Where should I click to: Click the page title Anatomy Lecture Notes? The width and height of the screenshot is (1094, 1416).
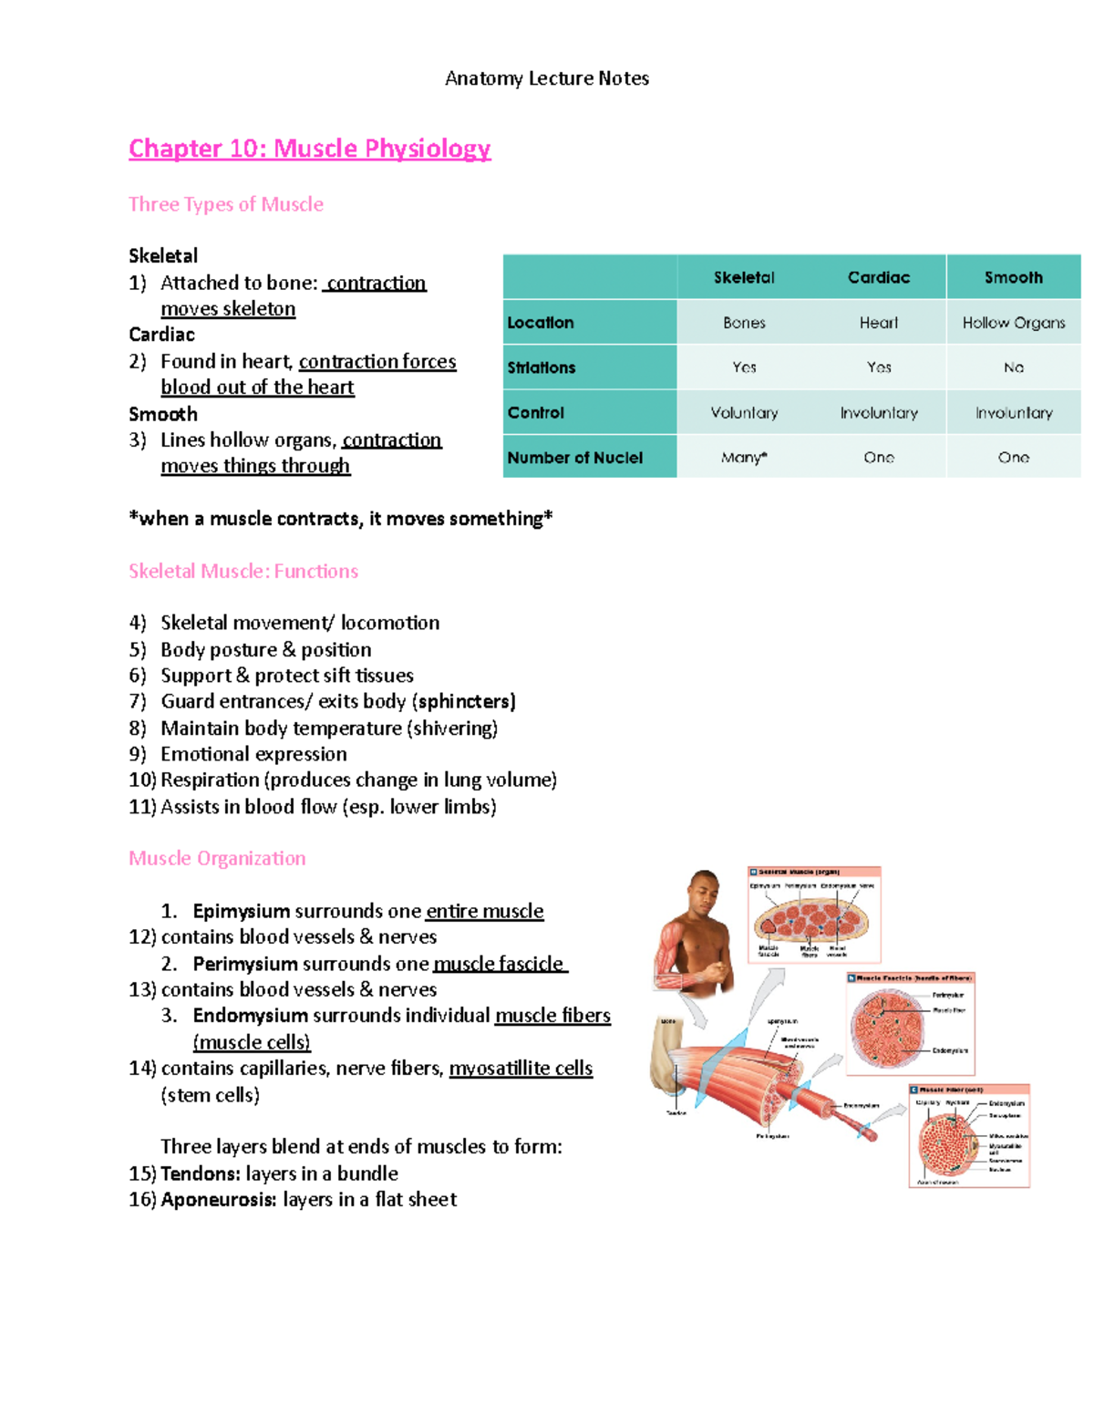coord(546,78)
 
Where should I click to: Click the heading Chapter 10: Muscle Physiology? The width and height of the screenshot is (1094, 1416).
coord(309,148)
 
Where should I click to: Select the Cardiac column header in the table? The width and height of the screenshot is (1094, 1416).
coord(878,277)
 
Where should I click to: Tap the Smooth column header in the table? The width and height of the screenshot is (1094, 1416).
coord(1013,277)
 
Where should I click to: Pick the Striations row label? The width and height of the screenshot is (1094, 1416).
coord(542,367)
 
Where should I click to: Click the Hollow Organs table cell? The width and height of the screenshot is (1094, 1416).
coord(1013,323)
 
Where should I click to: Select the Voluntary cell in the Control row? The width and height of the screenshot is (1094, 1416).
coord(744,413)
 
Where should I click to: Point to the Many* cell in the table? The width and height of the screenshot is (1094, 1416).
coord(744,458)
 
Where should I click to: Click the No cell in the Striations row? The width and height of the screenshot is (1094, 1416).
coord(1013,367)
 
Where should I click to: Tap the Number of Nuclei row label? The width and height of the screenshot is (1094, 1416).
coord(574,458)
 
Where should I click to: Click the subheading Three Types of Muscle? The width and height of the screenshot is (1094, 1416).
coord(225,204)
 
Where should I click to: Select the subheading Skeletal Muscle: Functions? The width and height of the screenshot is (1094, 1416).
coord(243,572)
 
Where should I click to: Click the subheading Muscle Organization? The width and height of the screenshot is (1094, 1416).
coord(217,858)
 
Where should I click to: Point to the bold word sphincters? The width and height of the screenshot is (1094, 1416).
coord(466,701)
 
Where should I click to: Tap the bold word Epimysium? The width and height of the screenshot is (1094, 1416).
coord(241,911)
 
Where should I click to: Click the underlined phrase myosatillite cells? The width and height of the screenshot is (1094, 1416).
coord(521,1069)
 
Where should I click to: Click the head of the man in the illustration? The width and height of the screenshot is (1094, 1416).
coord(704,894)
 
